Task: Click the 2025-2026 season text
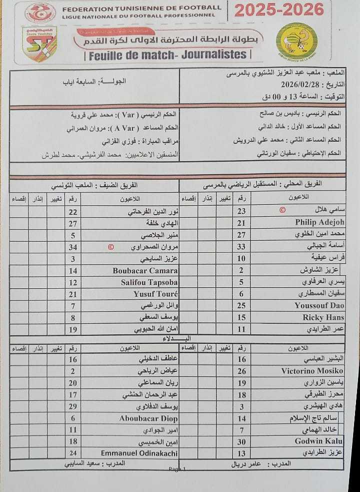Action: pyautogui.click(x=279, y=10)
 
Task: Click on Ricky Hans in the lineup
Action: pyautogui.click(x=323, y=317)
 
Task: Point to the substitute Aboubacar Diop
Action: pyautogui.click(x=148, y=418)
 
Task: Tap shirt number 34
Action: pyautogui.click(x=73, y=247)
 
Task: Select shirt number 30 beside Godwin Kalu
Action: pyautogui.click(x=241, y=441)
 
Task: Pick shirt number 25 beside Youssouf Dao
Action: pyautogui.click(x=241, y=305)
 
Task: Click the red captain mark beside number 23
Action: pyautogui.click(x=281, y=211)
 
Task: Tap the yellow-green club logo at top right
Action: pyautogui.click(x=296, y=41)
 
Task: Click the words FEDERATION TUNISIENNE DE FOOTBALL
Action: pyautogui.click(x=141, y=8)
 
